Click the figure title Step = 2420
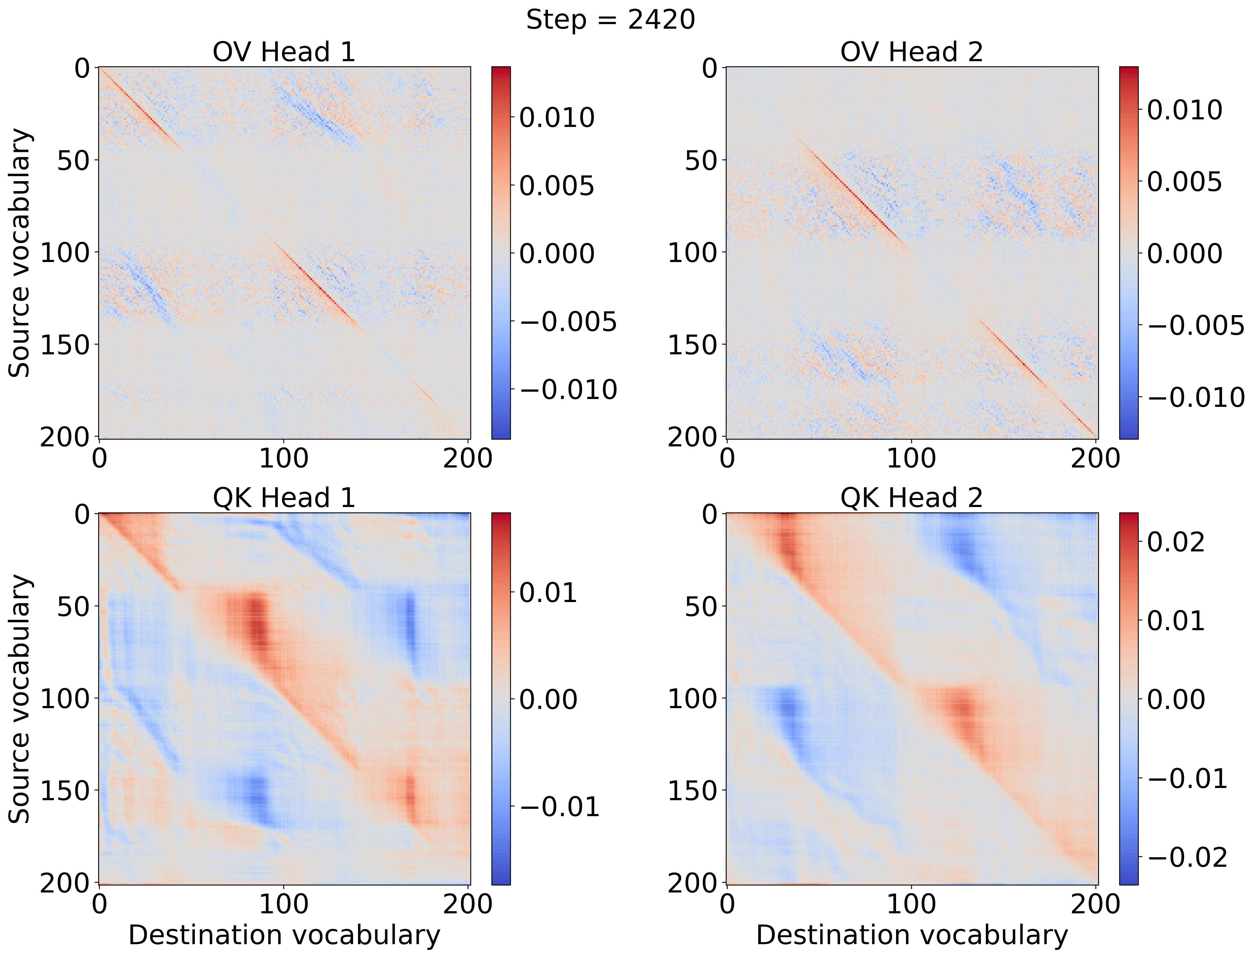(610, 21)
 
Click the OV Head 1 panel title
(284, 53)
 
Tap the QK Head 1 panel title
(284, 498)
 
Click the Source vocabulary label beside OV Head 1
(21, 253)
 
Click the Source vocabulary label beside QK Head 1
(21, 699)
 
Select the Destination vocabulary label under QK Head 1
(284, 935)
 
